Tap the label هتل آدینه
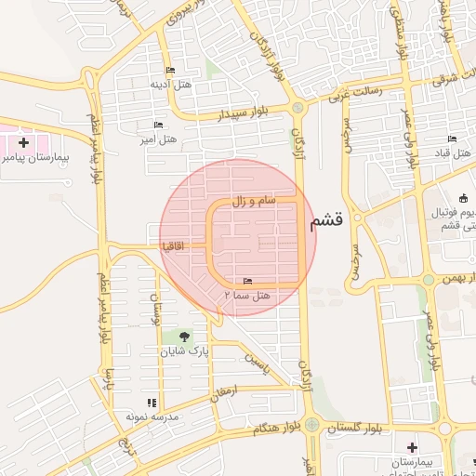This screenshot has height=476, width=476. tap(170, 84)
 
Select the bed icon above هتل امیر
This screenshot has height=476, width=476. tap(157, 126)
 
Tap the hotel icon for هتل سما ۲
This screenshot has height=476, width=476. tap(246, 281)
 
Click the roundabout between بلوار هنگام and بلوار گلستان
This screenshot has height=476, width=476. tap(311, 426)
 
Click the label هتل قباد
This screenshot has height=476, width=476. tap(454, 152)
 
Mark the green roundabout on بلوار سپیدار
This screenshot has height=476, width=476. tap(297, 107)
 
